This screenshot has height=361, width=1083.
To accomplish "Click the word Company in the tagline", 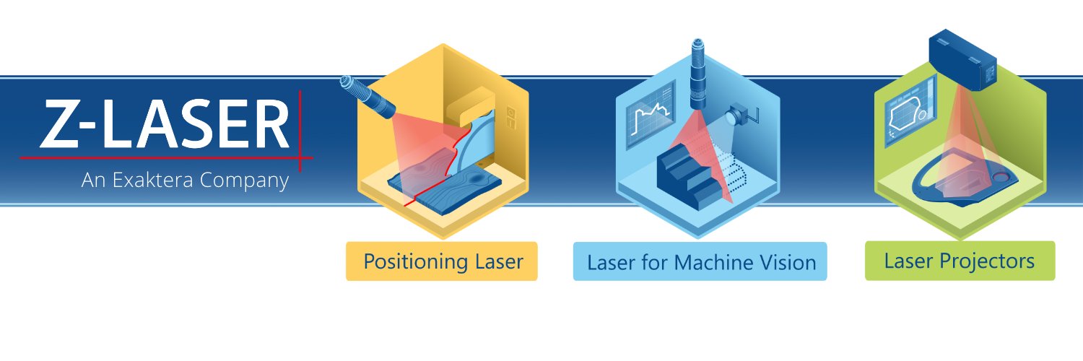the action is pyautogui.click(x=244, y=180).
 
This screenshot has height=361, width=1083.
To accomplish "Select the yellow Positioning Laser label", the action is pyautogui.click(x=441, y=261).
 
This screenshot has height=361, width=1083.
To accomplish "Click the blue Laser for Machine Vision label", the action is pyautogui.click(x=700, y=261).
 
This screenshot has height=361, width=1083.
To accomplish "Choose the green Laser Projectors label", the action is pyautogui.click(x=960, y=261).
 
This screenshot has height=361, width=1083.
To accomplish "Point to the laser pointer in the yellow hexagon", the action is pyautogui.click(x=367, y=97).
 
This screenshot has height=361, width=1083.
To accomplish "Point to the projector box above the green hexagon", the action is pyautogui.click(x=962, y=59).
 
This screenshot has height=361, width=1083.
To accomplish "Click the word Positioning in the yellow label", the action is pyautogui.click(x=416, y=262).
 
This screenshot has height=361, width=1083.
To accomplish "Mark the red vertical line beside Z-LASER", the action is pyautogui.click(x=300, y=131).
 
